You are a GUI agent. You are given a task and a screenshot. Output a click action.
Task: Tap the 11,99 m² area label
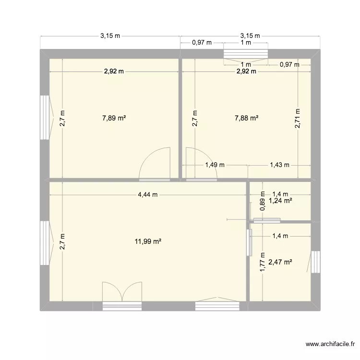(x=148, y=242)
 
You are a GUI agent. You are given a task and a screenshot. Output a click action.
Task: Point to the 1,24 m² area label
(x=281, y=201)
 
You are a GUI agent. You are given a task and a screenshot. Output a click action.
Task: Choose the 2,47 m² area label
(x=280, y=262)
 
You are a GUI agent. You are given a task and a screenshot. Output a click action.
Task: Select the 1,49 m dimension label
(x=215, y=165)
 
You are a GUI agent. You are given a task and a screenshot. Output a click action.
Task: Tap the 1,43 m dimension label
(x=279, y=165)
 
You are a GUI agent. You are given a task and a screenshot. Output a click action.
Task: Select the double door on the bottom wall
(x=122, y=293)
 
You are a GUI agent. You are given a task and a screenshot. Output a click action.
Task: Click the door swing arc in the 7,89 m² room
(x=155, y=163)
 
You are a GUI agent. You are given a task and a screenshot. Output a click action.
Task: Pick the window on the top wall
(x=246, y=53)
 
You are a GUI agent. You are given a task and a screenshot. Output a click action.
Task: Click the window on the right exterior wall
(x=315, y=262)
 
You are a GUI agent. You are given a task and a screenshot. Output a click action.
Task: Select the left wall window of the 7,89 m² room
(x=45, y=117)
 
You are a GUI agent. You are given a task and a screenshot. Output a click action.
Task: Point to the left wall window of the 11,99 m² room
(x=45, y=242)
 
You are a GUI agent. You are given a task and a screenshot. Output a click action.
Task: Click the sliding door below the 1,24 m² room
(x=267, y=221)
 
